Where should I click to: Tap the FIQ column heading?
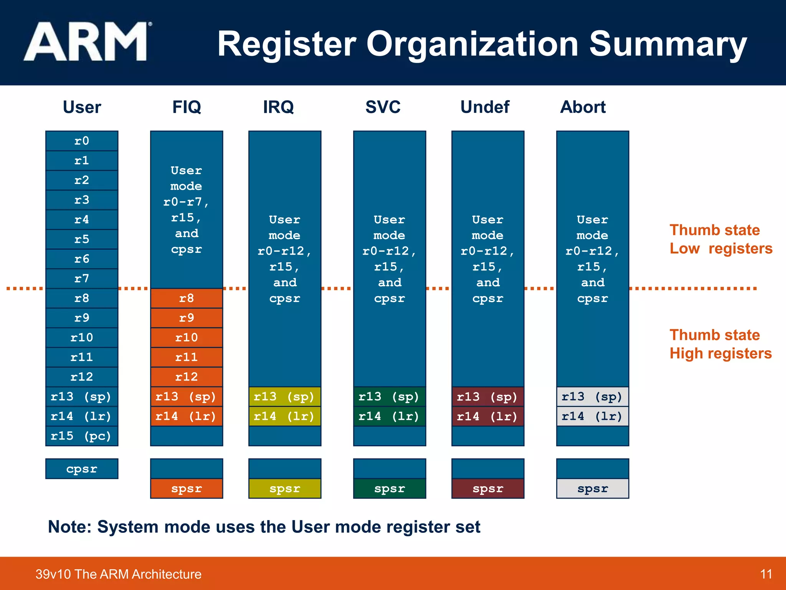pos(187,107)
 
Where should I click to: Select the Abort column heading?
pos(583,107)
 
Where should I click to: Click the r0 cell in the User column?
pos(82,141)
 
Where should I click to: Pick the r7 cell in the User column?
pos(82,278)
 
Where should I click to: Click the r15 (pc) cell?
pos(82,436)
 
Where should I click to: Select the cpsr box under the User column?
pos(82,469)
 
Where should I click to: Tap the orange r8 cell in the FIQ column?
pos(187,298)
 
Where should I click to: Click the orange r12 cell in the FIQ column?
pos(187,377)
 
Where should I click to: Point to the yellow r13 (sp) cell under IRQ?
pos(285,397)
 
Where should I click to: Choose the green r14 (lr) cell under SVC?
pos(390,416)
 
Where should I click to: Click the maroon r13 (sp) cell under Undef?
pos(488,397)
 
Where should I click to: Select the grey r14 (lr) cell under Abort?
pos(593,416)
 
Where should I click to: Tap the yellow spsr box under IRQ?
pos(285,489)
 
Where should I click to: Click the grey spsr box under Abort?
pos(593,489)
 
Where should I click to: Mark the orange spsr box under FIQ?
pos(187,489)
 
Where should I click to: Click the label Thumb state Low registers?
pos(720,239)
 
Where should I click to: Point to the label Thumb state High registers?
pos(720,344)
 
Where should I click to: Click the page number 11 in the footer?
pos(766,574)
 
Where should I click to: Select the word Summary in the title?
pos(668,44)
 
